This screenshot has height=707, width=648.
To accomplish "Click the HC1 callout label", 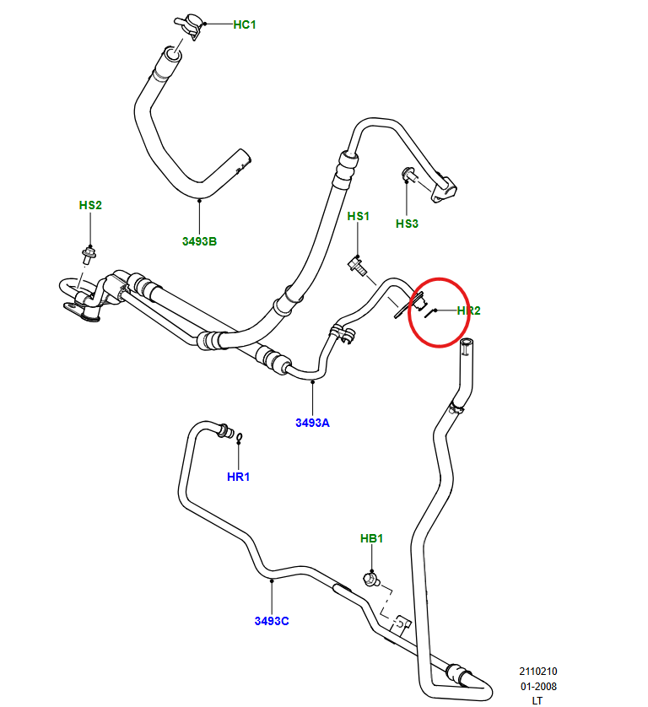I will tap(244, 24).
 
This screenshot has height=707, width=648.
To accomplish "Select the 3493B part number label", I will tap(199, 241).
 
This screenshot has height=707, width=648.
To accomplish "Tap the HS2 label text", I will tap(90, 205).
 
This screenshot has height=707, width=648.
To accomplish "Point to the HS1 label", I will tap(359, 217).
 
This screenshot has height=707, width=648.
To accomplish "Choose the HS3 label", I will tap(407, 224).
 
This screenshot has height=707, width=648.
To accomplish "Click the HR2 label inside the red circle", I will tap(468, 310).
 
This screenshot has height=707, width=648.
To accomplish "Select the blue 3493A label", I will tap(312, 423).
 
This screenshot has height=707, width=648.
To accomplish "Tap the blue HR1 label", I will tap(239, 477).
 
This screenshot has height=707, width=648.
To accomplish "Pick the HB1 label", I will tap(372, 538).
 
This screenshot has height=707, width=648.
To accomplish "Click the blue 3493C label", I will tap(272, 621).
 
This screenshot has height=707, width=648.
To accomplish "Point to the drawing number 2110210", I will tap(537, 672).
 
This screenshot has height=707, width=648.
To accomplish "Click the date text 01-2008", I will tap(537, 686).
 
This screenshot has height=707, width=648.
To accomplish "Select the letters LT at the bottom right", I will tap(537, 700).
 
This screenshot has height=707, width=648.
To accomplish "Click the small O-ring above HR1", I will tap(240, 437).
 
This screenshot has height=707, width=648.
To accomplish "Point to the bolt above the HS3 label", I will tap(408, 175).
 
